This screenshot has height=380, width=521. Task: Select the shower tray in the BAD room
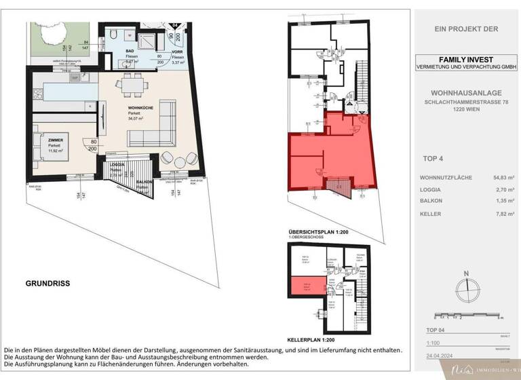coord(145,37)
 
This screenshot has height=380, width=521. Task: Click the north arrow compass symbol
coord(465,290)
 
